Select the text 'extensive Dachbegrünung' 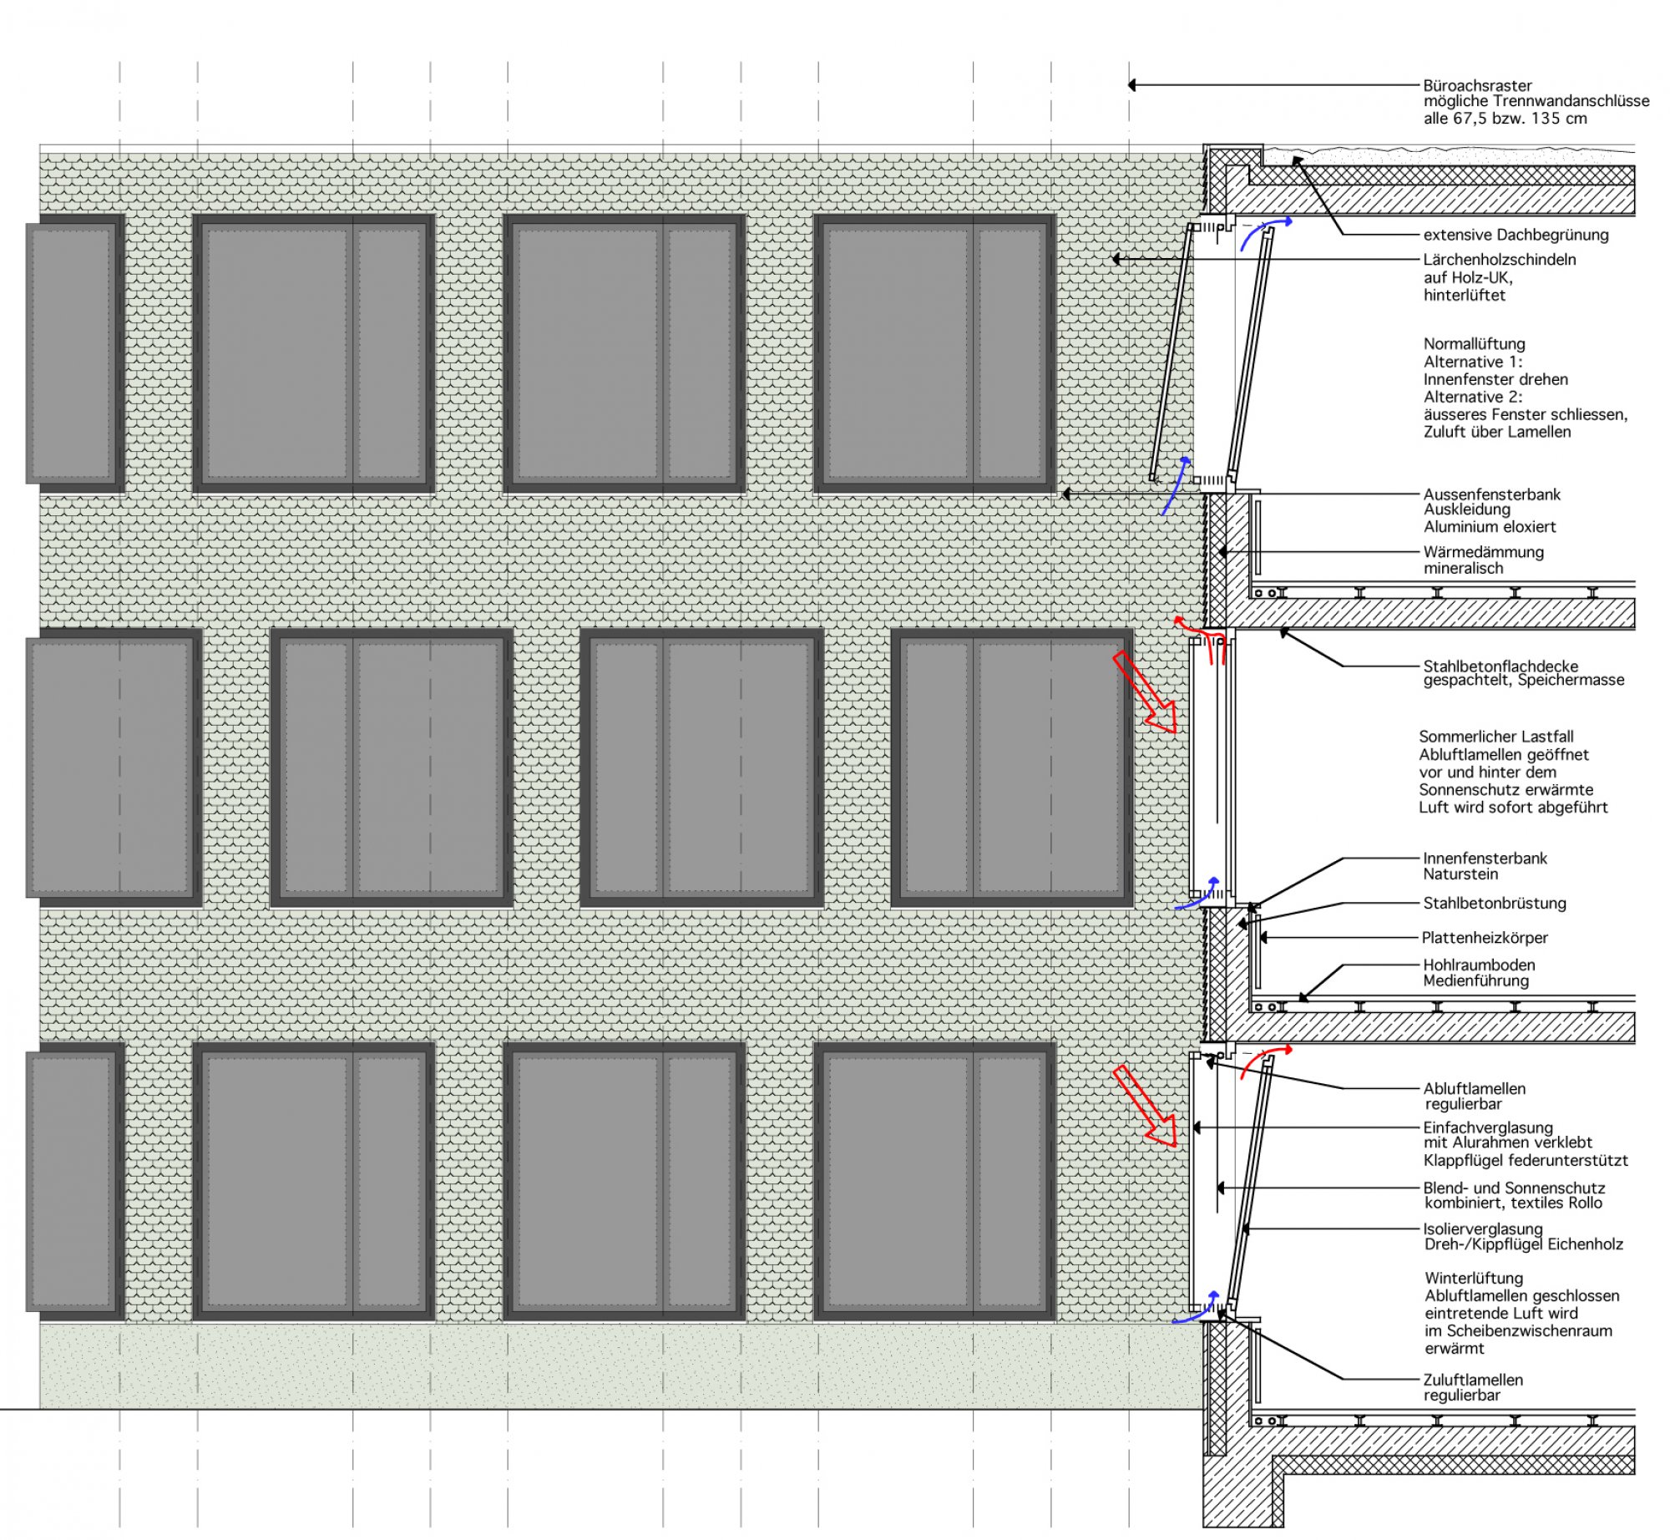coord(1516,235)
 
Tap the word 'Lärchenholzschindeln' coord(1500,260)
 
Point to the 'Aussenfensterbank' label coord(1492,494)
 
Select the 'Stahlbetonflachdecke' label coord(1500,666)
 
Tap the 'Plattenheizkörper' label coord(1485,938)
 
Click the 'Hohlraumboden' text coord(1479,965)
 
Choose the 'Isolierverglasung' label coord(1483,1229)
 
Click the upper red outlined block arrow coord(1145,692)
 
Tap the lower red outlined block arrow coord(1145,1105)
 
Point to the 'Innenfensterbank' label coord(1485,859)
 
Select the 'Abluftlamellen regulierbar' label coord(1475,1097)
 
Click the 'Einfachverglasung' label coord(1488,1127)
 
